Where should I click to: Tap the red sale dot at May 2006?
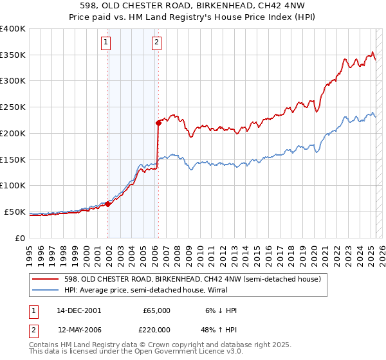click(158, 122)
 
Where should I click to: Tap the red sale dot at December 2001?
click(108, 204)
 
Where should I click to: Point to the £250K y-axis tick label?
click(13, 107)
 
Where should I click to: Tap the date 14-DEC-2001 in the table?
click(78, 310)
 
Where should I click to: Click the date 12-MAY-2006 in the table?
click(78, 329)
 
